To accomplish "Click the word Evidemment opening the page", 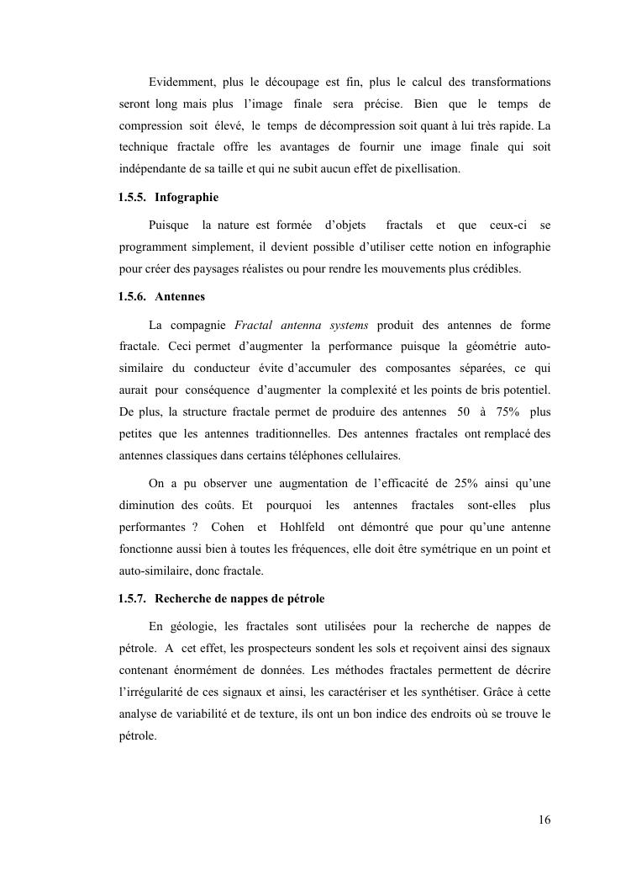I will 182,82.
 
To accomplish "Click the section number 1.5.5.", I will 133,197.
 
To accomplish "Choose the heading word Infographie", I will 187,197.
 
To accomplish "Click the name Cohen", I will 228,527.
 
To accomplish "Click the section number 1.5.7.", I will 133,598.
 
